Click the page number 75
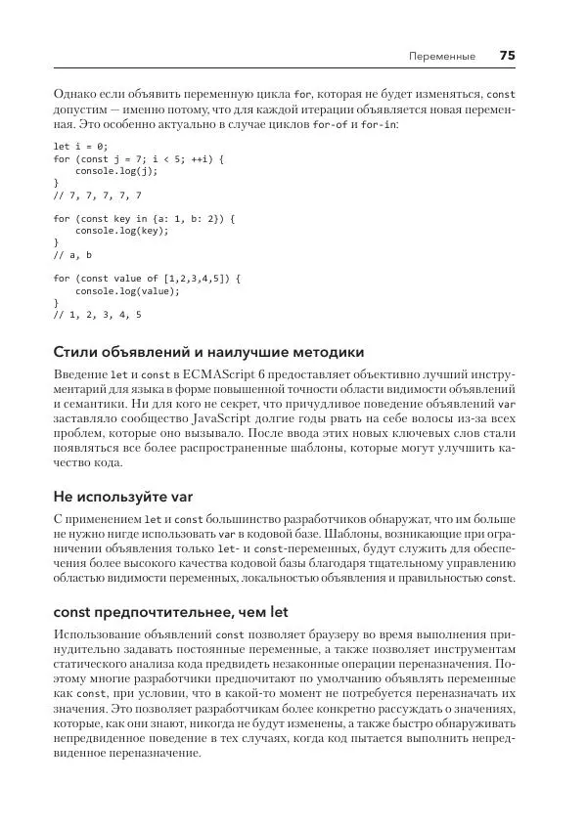coord(507,56)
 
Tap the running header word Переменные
coord(442,57)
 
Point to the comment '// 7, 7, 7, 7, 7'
coord(97,194)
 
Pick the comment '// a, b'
coord(72,254)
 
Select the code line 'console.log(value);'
coord(123,290)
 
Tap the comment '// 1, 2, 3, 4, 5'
coord(97,315)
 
